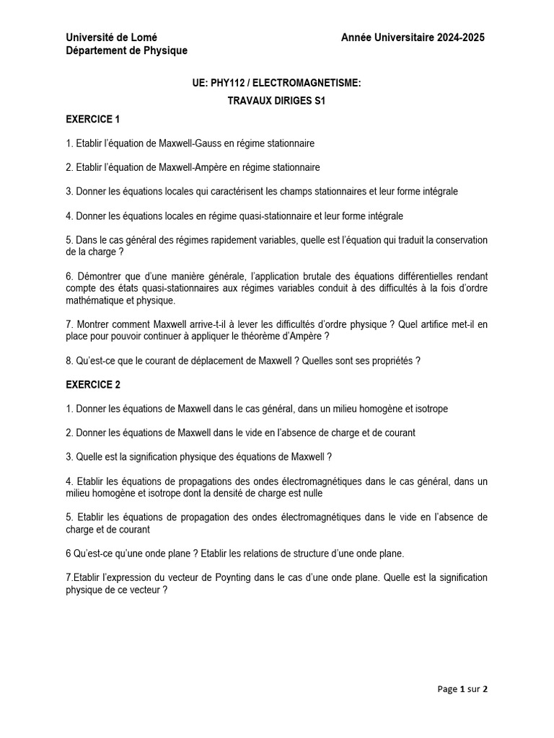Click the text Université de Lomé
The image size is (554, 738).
(111, 37)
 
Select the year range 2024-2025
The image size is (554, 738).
(460, 37)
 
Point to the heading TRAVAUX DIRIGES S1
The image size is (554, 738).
(276, 102)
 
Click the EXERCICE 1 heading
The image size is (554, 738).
(93, 119)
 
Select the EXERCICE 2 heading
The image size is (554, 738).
(93, 385)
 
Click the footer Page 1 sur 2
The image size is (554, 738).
(462, 689)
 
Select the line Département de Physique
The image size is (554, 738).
(126, 50)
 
